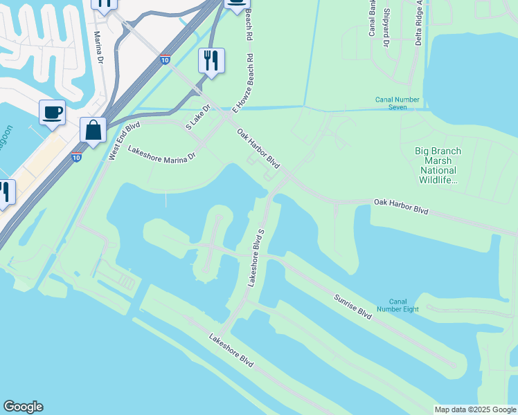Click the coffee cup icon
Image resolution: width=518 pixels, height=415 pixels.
[52, 112]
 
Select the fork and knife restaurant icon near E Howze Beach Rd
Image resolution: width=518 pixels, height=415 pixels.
[212, 61]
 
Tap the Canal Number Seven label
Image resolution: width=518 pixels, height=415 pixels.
[398, 104]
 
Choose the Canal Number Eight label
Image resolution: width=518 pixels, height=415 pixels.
[398, 305]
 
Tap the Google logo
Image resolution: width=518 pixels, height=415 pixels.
[23, 407]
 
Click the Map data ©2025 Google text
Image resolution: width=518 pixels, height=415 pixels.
[474, 409]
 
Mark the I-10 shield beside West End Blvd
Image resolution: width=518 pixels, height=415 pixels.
[76, 157]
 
